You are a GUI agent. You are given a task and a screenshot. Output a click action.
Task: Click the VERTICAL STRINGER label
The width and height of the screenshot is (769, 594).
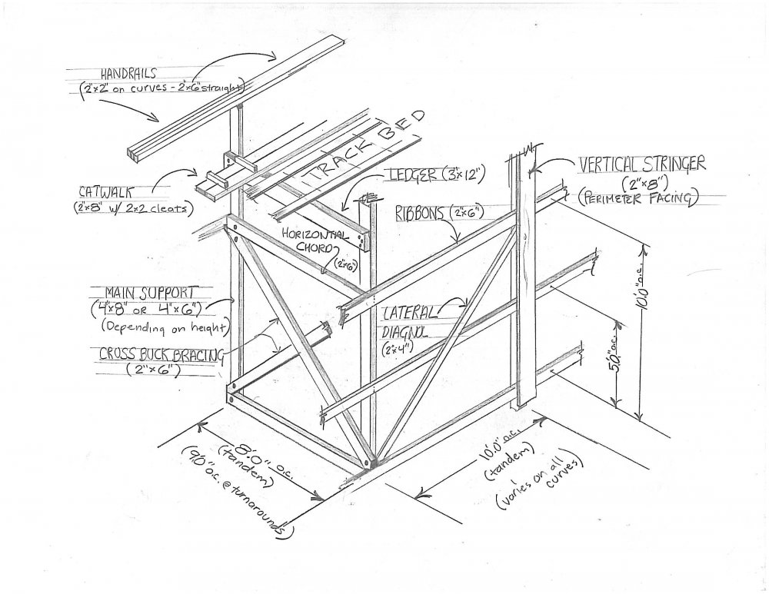click(x=643, y=164)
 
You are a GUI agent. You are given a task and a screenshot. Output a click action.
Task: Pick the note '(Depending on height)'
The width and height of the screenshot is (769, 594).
click(x=162, y=326)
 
